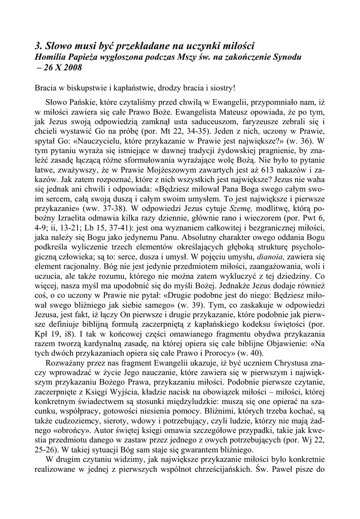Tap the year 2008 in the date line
point(70,67)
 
